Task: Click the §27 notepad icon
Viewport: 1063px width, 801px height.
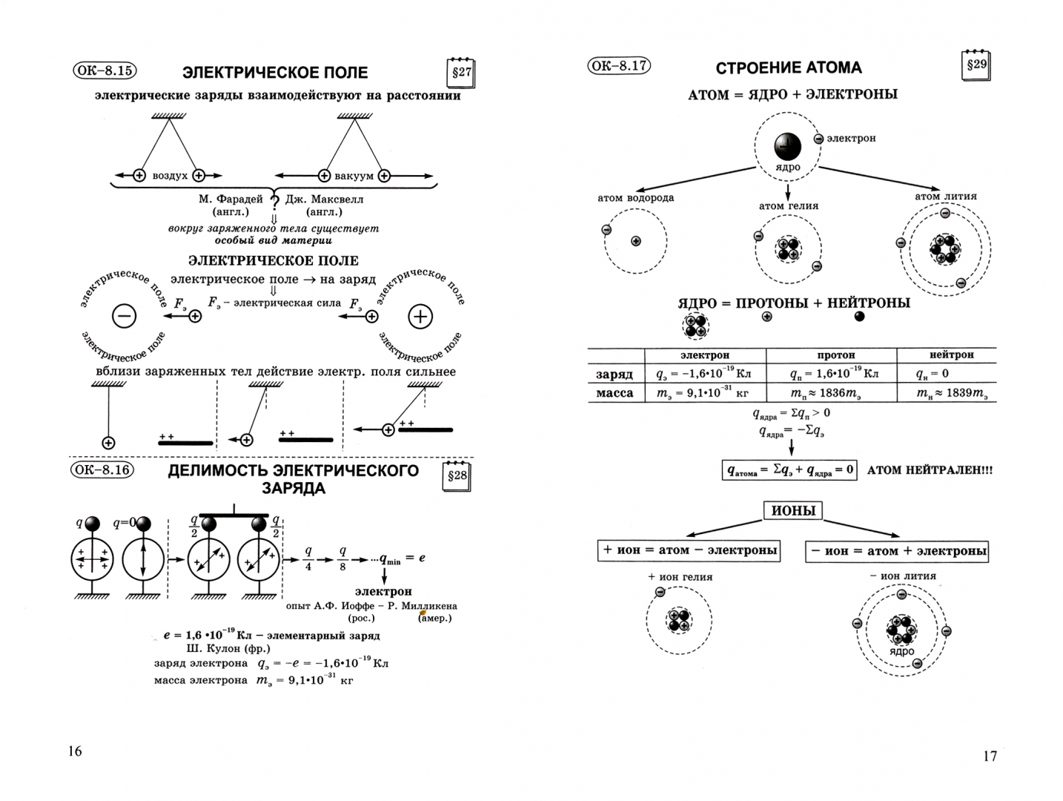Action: pyautogui.click(x=461, y=73)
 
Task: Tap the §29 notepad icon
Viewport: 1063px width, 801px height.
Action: pyautogui.click(x=976, y=65)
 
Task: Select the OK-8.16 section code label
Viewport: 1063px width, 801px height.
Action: pyautogui.click(x=102, y=470)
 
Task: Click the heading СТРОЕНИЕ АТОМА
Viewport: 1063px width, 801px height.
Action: pyautogui.click(x=788, y=68)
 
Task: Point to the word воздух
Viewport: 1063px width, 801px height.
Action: pyautogui.click(x=169, y=176)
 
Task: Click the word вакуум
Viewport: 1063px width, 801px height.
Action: pyautogui.click(x=354, y=176)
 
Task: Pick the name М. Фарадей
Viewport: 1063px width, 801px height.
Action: pyautogui.click(x=231, y=199)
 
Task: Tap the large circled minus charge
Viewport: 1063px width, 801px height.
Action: pyautogui.click(x=124, y=317)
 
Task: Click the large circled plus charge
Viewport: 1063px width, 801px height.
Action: pyautogui.click(x=420, y=317)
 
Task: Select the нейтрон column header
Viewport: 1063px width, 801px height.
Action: pyautogui.click(x=951, y=355)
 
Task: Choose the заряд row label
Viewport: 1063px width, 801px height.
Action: pyautogui.click(x=615, y=374)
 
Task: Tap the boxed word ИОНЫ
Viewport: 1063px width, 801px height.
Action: pyautogui.click(x=793, y=511)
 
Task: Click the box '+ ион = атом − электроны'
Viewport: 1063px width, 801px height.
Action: pyautogui.click(x=689, y=550)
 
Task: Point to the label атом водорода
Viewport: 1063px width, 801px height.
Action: pyautogui.click(x=635, y=198)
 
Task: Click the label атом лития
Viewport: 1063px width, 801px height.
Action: pyautogui.click(x=945, y=197)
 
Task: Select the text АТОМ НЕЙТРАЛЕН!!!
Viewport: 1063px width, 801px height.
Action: pyautogui.click(x=929, y=470)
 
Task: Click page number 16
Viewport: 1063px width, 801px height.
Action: pyautogui.click(x=75, y=751)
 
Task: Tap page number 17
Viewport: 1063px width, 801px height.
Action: pyautogui.click(x=990, y=756)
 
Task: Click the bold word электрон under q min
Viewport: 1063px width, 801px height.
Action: pyautogui.click(x=383, y=591)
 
